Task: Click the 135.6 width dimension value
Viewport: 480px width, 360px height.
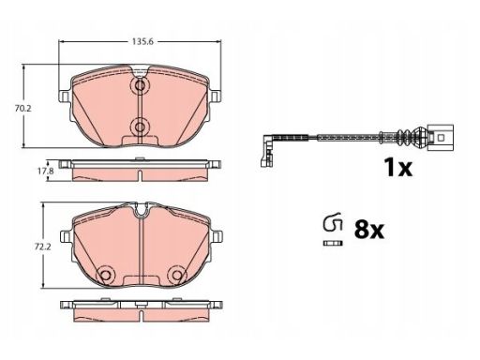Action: coord(142,41)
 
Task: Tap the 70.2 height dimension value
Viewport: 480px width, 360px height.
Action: coord(23,109)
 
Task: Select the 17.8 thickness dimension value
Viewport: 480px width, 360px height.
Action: coord(38,171)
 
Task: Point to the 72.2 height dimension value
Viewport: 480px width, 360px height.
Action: coord(42,247)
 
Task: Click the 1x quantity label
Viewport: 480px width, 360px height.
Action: coord(398,168)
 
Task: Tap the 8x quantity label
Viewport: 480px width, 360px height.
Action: coord(368,230)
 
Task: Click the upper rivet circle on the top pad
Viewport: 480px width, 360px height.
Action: coord(140,85)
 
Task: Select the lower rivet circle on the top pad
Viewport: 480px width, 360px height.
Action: coord(140,127)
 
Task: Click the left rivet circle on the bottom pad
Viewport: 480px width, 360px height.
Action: coord(105,275)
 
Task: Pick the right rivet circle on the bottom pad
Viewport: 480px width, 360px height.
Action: coord(176,275)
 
